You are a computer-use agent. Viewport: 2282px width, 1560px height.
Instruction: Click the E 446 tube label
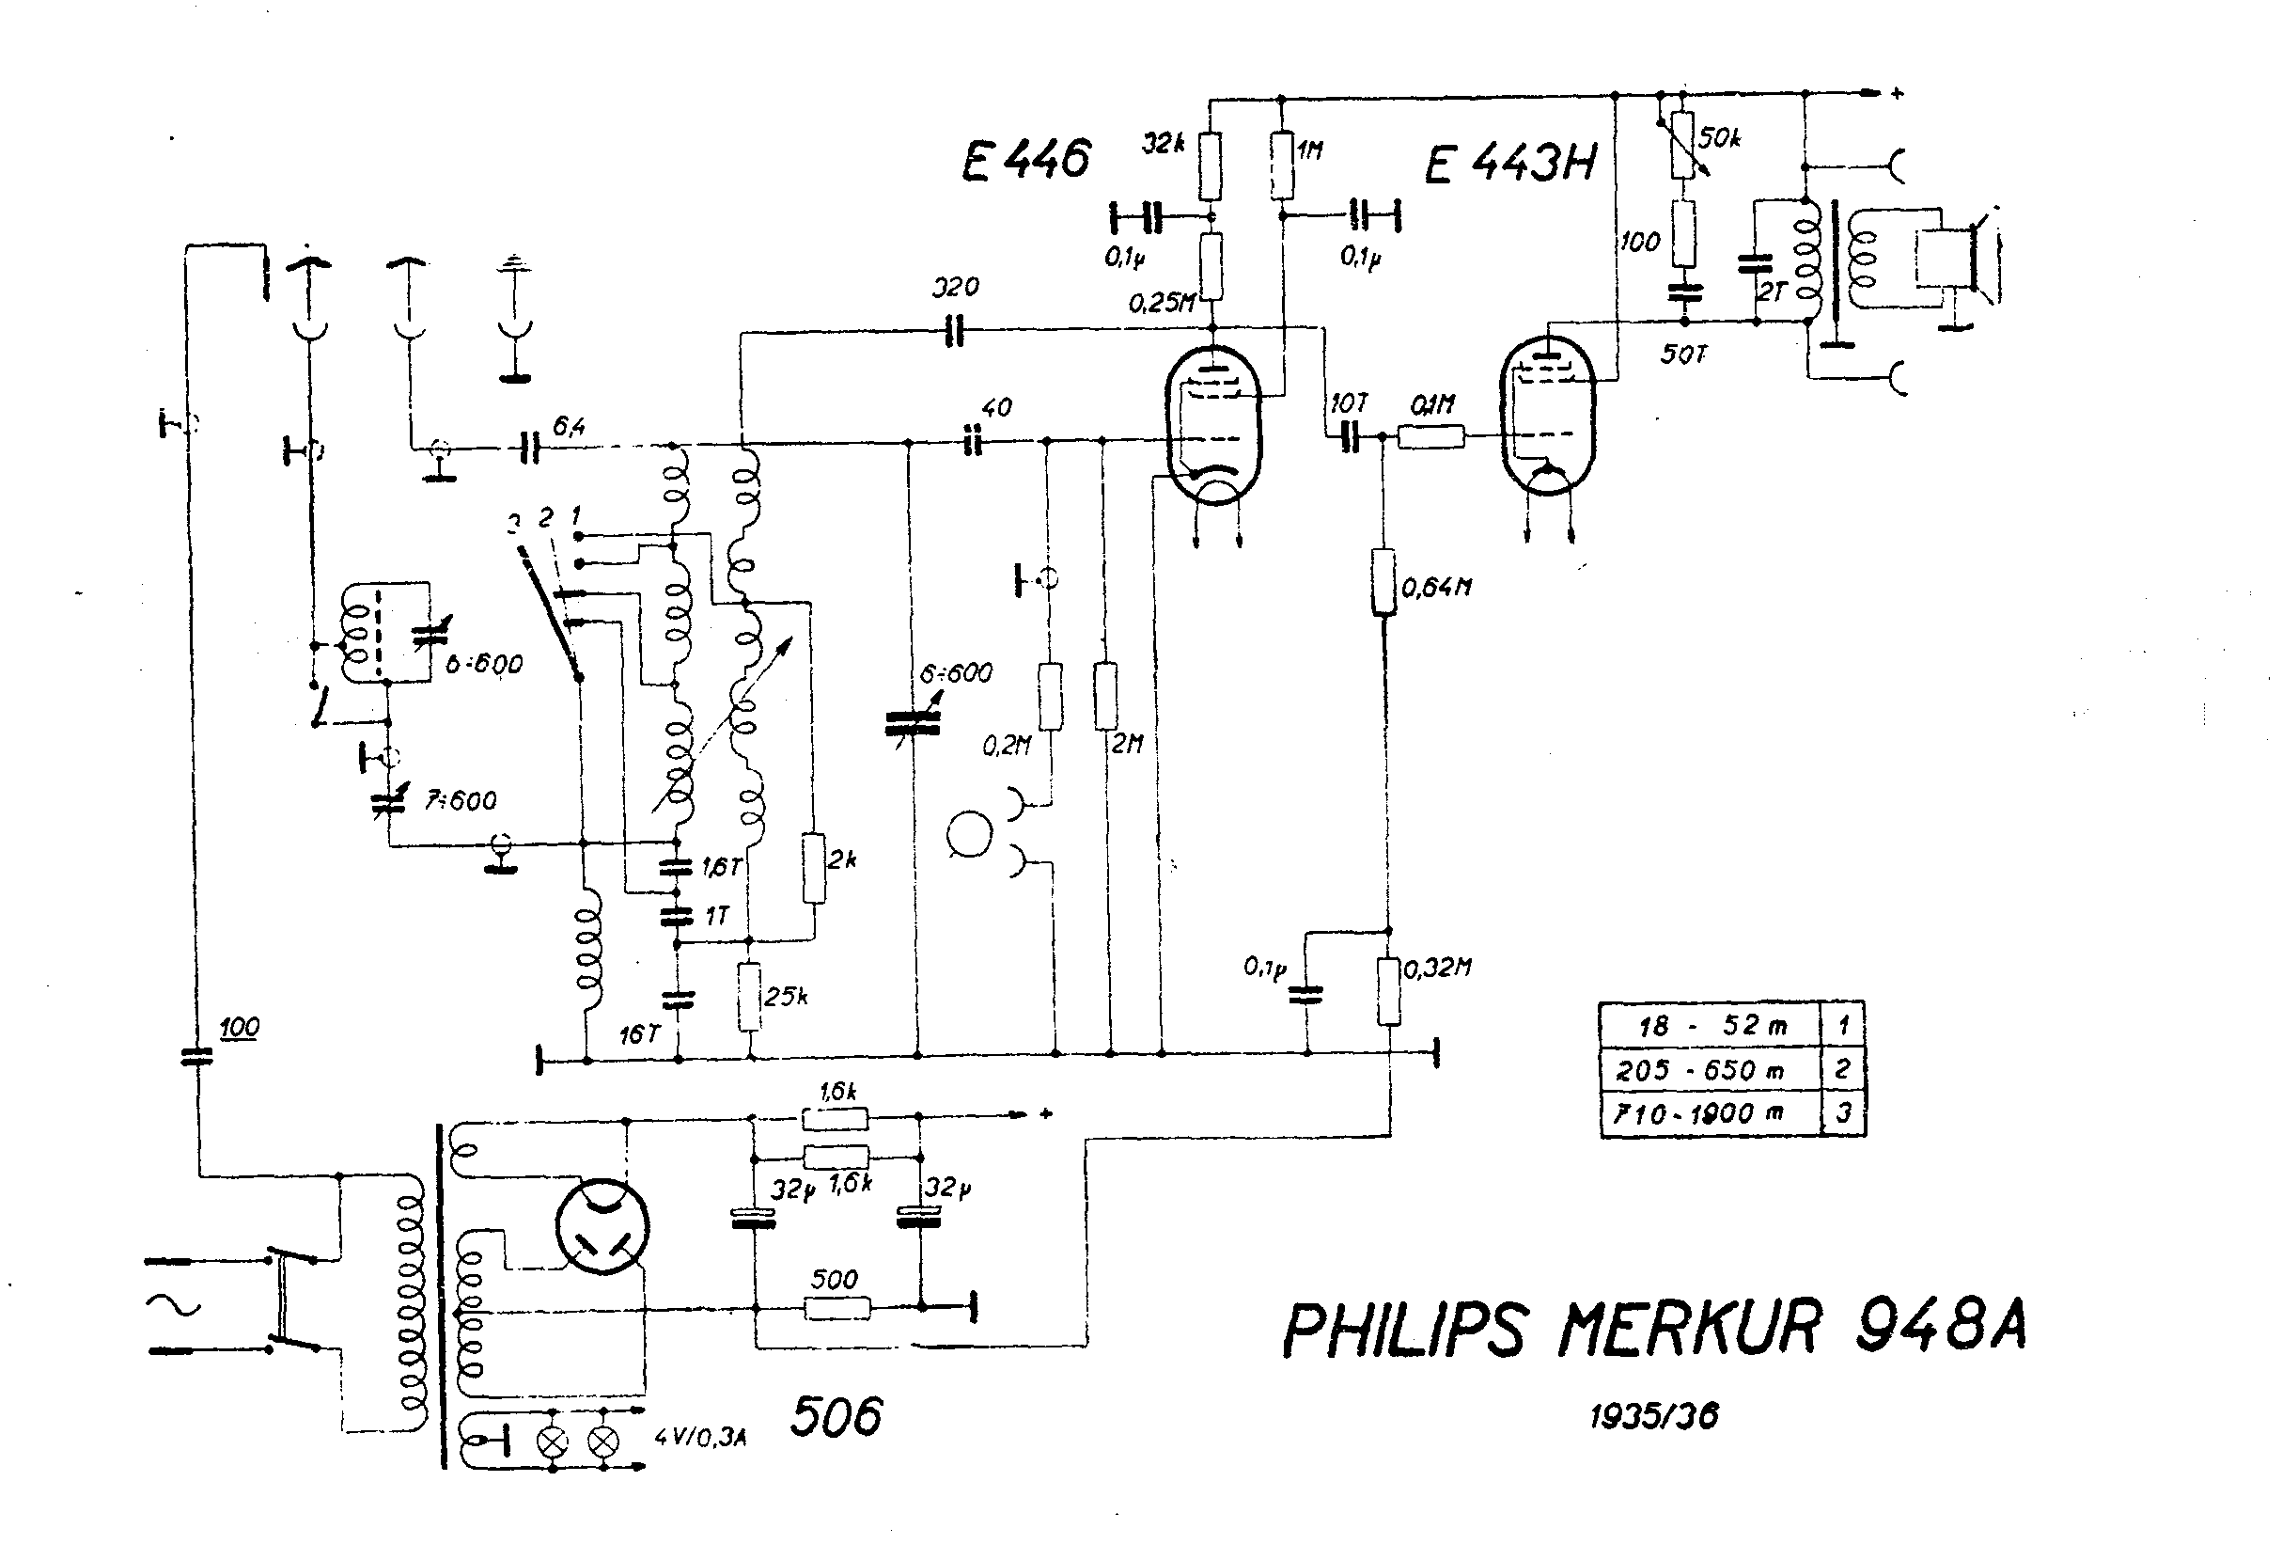tap(1025, 160)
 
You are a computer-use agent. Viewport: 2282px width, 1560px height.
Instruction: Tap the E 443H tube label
tap(1510, 163)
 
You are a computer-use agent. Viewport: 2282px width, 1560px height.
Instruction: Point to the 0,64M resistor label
tap(1436, 588)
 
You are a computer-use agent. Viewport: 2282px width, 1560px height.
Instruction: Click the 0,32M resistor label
tap(1436, 968)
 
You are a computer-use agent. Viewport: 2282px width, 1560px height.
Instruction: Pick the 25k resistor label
tap(786, 996)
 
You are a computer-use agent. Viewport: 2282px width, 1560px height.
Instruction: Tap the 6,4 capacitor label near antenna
tap(570, 425)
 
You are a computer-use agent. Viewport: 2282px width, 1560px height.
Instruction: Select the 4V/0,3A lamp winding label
tap(700, 1438)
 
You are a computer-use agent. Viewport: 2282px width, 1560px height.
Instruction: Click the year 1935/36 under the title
tap(1654, 1415)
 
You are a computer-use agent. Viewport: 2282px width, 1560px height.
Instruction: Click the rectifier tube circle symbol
tap(601, 1227)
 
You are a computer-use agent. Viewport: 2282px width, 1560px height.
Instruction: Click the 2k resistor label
tap(841, 859)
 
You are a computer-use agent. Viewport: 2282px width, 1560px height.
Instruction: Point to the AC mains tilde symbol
tap(174, 1305)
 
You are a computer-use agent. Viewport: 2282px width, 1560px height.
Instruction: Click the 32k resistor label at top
tap(1163, 144)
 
